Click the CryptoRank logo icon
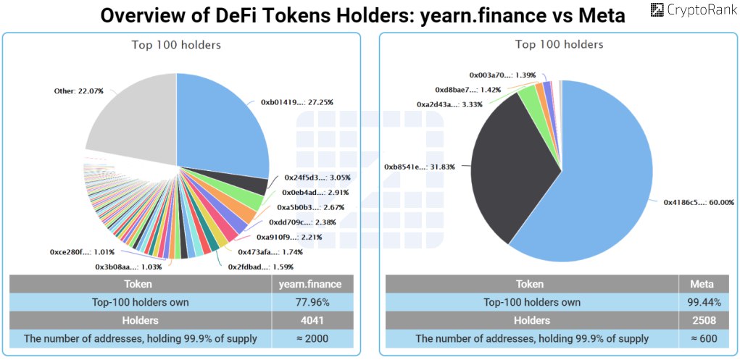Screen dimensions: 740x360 tap(657, 9)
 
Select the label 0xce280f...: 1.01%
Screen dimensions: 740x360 tap(82, 252)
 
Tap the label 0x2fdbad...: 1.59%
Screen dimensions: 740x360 tap(260, 267)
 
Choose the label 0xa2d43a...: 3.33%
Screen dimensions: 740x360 tap(449, 104)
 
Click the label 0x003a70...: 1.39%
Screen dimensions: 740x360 tap(502, 75)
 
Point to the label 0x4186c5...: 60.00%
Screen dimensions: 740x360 tap(699, 202)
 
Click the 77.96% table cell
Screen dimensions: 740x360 tap(312, 303)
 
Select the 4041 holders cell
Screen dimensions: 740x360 tap(312, 320)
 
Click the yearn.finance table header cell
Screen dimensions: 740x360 tap(312, 285)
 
